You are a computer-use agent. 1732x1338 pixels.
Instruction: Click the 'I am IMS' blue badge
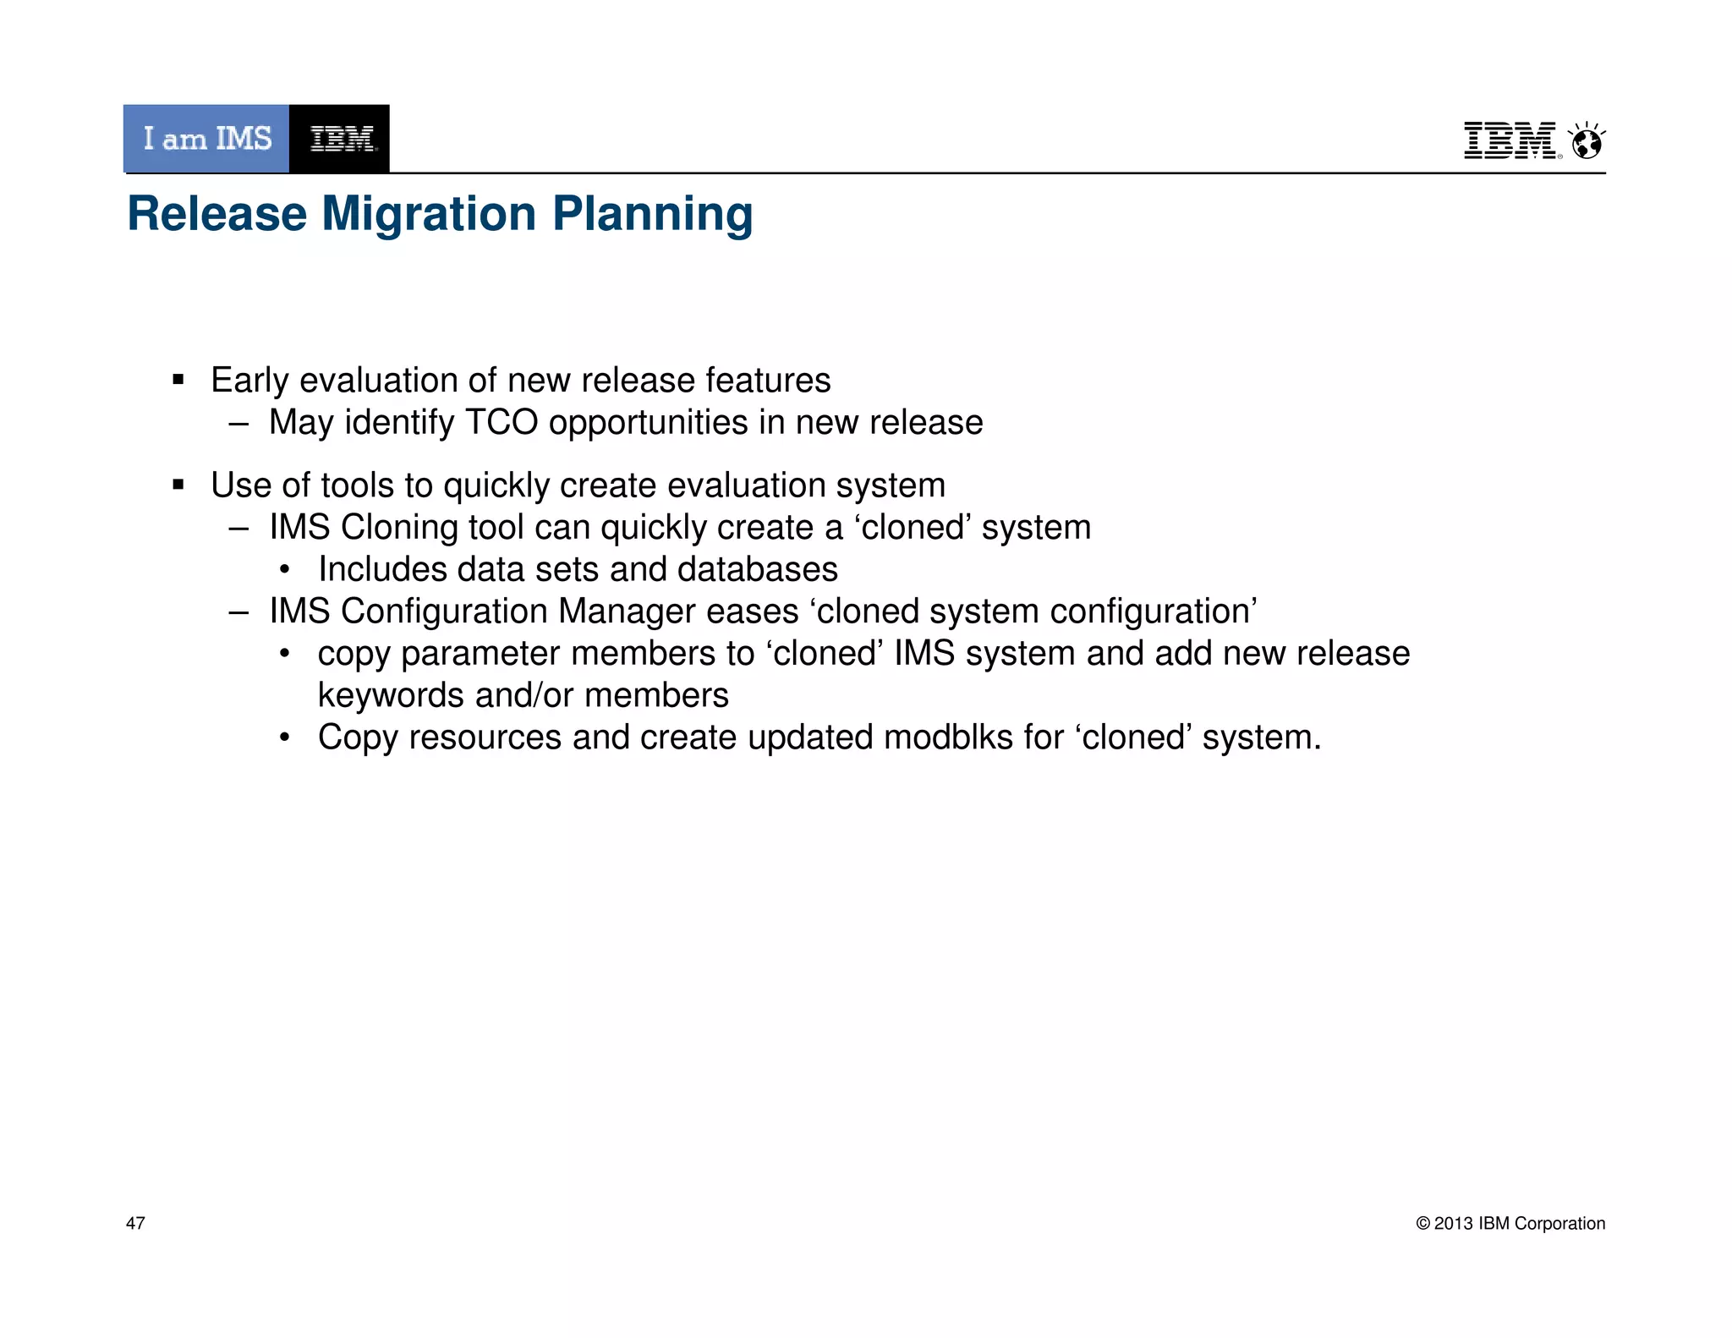pos(206,139)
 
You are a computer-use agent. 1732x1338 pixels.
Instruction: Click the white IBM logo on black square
pos(340,139)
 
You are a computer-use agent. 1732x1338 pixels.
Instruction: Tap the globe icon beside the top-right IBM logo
pos(1587,142)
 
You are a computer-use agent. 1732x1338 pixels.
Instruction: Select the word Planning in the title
pos(652,214)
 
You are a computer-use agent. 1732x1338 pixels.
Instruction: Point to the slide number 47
pos(135,1223)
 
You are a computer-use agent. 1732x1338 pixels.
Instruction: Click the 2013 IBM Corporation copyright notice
pos(1510,1223)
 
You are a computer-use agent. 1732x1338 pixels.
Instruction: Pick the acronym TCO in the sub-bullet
pos(502,422)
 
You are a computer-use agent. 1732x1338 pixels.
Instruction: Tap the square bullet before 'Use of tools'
pos(178,485)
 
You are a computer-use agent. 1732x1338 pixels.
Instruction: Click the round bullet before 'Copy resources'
pos(285,738)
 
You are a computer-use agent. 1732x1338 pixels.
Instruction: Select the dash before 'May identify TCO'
pos(238,423)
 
